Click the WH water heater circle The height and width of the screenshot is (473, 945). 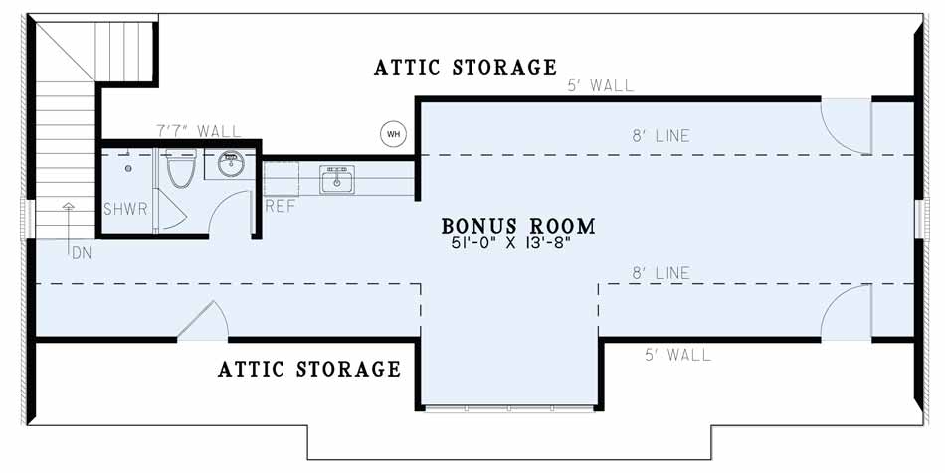click(x=393, y=133)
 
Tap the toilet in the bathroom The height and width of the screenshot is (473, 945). click(x=181, y=168)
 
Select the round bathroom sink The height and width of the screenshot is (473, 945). click(x=231, y=163)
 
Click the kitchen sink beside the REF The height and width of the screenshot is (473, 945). click(x=337, y=179)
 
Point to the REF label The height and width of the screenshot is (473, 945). click(x=281, y=206)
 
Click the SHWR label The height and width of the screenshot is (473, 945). click(x=125, y=209)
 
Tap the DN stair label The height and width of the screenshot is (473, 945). click(x=82, y=254)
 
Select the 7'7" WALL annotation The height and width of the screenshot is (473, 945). click(x=198, y=130)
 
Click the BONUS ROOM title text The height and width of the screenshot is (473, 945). click(x=518, y=226)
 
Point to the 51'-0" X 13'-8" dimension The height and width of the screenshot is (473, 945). click(x=510, y=244)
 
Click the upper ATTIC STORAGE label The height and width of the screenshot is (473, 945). click(x=466, y=67)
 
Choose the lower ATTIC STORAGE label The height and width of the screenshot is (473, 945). click(x=309, y=369)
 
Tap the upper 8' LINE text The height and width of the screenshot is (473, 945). click(x=661, y=136)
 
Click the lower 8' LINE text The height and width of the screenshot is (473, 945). click(x=661, y=273)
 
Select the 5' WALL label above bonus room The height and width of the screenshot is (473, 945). click(x=600, y=85)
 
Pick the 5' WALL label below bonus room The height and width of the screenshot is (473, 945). click(x=678, y=355)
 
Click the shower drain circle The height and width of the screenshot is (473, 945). click(x=128, y=169)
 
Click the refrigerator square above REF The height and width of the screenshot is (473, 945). click(x=282, y=179)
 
